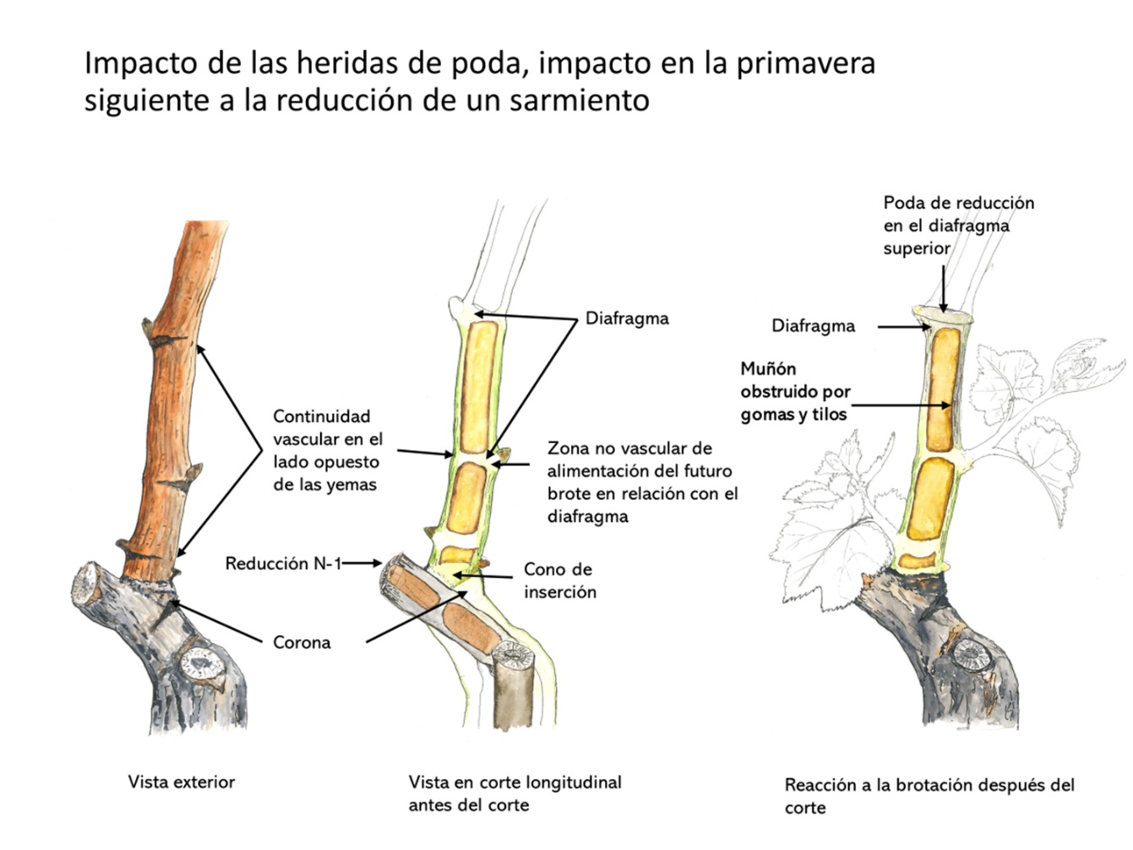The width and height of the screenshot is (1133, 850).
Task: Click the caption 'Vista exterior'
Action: click(181, 782)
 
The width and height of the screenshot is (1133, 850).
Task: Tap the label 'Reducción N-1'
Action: click(282, 563)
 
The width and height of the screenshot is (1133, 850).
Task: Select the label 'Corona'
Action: click(302, 642)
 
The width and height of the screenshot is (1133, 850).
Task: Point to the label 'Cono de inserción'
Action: click(559, 580)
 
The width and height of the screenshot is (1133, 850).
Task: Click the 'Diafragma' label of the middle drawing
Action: click(627, 319)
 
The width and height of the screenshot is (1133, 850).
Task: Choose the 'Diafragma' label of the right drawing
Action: click(813, 326)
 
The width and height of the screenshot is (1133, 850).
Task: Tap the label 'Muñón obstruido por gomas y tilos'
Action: click(795, 391)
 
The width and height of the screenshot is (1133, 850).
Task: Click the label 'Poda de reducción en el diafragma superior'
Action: click(958, 226)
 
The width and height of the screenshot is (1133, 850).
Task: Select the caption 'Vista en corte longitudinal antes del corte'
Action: click(515, 793)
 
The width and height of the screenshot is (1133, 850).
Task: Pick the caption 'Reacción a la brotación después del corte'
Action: click(929, 795)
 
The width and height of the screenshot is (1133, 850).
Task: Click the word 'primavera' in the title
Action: click(805, 63)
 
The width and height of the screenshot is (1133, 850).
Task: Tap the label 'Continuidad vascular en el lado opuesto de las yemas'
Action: click(327, 450)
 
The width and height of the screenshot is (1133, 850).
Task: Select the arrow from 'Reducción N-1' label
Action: click(362, 563)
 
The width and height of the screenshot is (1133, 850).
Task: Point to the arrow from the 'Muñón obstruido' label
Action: click(900, 406)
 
